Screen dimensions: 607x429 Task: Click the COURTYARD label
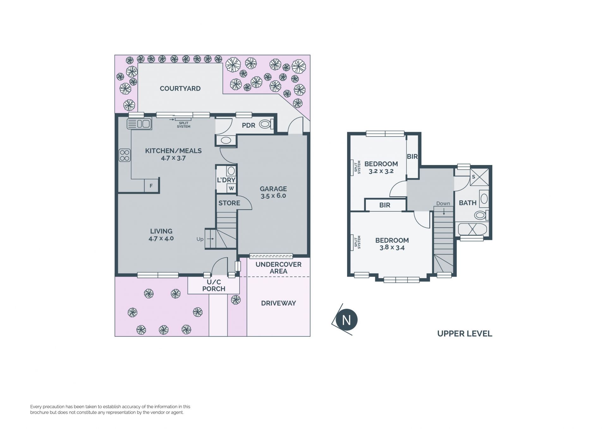(x=180, y=89)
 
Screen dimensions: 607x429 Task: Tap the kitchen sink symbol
(x=139, y=124)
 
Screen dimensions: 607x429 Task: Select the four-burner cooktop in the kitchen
(x=125, y=155)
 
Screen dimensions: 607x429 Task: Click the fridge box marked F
(x=151, y=186)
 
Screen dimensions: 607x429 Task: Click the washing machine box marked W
(x=231, y=188)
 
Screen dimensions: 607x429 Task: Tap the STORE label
(x=229, y=203)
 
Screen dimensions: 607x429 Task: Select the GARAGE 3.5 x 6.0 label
(x=273, y=192)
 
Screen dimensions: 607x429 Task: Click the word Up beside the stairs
(x=200, y=239)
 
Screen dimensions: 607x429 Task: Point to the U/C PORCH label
(x=214, y=285)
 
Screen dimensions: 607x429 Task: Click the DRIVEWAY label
(x=279, y=303)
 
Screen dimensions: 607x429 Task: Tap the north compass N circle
(x=346, y=320)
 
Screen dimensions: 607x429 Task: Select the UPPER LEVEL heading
(x=465, y=334)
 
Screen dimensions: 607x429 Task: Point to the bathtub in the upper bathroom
(x=472, y=229)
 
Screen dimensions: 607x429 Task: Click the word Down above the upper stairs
(x=443, y=203)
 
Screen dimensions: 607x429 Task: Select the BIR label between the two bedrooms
(x=385, y=205)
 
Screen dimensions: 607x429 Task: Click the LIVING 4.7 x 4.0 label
(x=161, y=235)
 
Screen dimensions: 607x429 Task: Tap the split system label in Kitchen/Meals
(x=184, y=125)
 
